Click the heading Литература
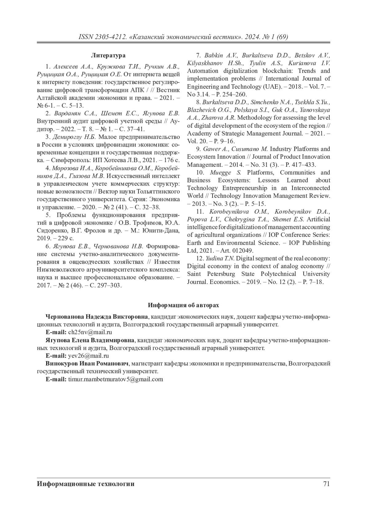(108, 56)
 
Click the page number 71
(326, 484)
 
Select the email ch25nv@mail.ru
(90, 332)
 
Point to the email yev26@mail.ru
(89, 356)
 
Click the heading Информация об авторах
(184, 305)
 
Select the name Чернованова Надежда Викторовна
(97, 317)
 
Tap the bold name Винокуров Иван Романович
(87, 364)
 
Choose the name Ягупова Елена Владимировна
(90, 340)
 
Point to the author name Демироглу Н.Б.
(75, 137)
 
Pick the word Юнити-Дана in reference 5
(165, 230)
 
